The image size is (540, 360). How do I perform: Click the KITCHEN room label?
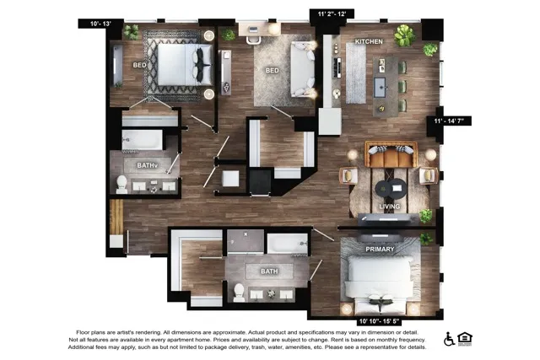(369, 41)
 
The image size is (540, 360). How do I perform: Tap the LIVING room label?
(390, 207)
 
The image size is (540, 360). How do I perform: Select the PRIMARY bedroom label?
(380, 250)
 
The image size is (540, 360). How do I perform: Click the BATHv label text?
(147, 165)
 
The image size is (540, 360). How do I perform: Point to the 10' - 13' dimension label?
(100, 24)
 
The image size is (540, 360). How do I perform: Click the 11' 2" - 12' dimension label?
(332, 13)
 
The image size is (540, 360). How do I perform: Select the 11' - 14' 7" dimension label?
(449, 121)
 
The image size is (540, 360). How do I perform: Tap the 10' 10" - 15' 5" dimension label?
(379, 321)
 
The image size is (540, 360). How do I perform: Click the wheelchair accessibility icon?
(449, 339)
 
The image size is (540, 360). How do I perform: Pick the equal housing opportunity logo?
(465, 339)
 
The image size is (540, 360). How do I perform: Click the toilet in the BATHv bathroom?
(121, 184)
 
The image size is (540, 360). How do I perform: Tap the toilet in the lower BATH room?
(239, 293)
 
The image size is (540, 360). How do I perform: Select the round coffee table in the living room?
(391, 189)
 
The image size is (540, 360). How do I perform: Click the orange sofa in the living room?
(391, 154)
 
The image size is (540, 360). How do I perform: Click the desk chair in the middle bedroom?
(253, 40)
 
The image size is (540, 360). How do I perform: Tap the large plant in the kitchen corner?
(405, 35)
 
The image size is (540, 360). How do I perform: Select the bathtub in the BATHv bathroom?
(142, 140)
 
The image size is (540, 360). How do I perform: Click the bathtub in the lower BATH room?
(287, 244)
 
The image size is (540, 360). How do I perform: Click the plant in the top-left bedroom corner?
(131, 32)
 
